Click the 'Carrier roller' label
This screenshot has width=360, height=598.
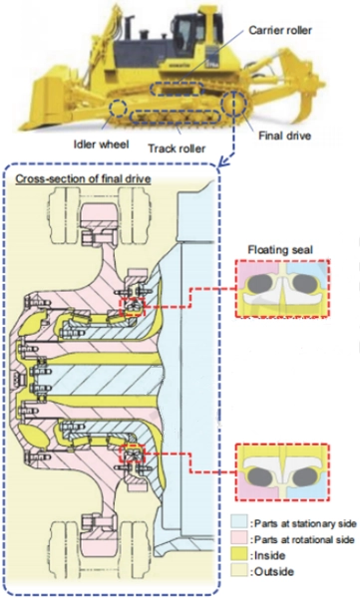click(x=280, y=30)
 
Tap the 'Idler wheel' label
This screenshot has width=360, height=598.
click(x=101, y=145)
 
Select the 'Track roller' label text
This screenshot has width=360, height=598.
click(x=177, y=148)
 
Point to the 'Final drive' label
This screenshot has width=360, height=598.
click(x=284, y=136)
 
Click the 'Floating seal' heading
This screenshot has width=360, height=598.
click(x=280, y=250)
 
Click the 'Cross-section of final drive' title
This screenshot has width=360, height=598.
click(x=83, y=178)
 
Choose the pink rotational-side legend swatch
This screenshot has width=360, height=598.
click(x=239, y=539)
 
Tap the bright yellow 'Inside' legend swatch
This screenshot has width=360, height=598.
click(x=239, y=555)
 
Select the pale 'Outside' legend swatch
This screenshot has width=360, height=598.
click(x=239, y=571)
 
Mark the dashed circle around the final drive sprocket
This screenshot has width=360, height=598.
click(x=222, y=103)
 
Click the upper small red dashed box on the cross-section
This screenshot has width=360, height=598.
click(x=121, y=307)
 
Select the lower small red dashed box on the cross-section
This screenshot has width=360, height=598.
click(x=121, y=453)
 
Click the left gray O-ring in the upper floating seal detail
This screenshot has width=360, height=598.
click(x=259, y=284)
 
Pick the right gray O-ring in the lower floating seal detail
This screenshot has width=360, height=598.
click(x=304, y=476)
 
